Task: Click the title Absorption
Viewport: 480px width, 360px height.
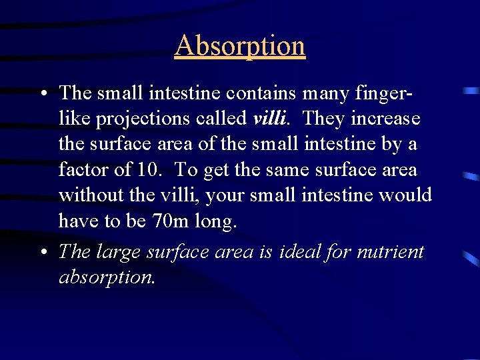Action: click(240, 46)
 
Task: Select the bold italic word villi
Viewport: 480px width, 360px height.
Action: click(270, 119)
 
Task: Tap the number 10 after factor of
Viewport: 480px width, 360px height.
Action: click(147, 170)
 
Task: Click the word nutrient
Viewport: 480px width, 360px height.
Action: click(391, 252)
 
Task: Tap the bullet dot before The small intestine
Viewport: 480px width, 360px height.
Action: click(42, 94)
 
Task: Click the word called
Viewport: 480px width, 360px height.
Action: click(224, 119)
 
